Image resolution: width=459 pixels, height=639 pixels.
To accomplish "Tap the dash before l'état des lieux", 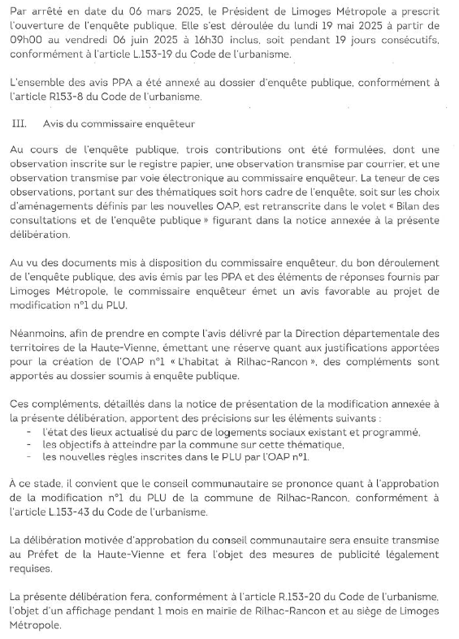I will coord(30,432).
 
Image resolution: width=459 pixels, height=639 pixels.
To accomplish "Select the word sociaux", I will coord(240,432).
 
